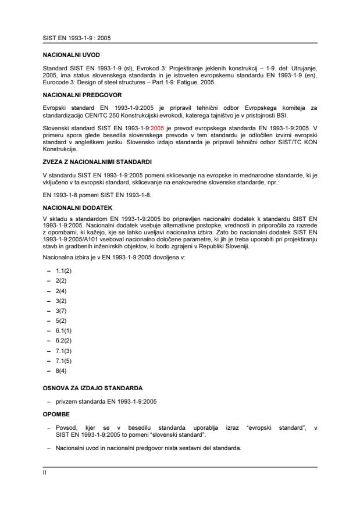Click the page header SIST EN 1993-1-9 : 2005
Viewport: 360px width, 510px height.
coord(73,37)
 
